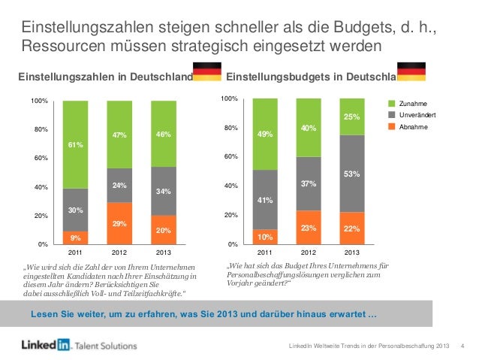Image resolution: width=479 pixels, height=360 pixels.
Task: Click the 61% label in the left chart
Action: [x=75, y=145]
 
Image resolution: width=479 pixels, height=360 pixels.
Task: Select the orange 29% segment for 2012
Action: [x=119, y=224]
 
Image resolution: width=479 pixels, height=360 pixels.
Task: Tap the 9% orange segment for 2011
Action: [x=75, y=237]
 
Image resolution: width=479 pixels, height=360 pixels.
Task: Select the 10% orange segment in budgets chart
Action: [x=265, y=237]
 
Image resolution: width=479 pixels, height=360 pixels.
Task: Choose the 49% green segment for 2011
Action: [x=265, y=135]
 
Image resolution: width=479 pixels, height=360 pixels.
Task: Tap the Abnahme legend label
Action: [x=413, y=127]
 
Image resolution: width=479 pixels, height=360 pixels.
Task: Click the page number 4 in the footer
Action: [x=462, y=345]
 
